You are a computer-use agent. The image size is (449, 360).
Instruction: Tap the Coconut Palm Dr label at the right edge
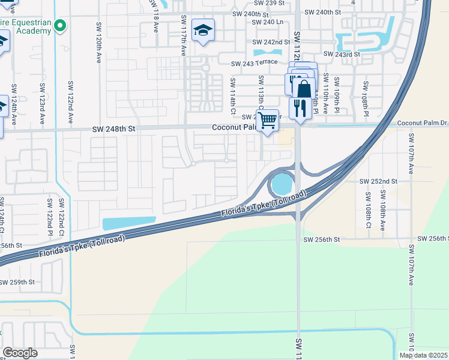pos(423,124)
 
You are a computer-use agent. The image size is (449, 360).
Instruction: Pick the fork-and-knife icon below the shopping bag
pos(300,108)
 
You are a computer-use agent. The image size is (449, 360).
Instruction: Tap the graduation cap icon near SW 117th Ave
pos(203,31)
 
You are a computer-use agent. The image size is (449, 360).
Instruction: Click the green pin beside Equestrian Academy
pos(59,26)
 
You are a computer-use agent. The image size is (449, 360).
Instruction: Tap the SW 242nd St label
pos(271,43)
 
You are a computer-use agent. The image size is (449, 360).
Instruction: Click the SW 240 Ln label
pos(268,22)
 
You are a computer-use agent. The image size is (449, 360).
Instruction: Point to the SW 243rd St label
pos(341,54)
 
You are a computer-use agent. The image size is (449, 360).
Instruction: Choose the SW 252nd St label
pos(379,181)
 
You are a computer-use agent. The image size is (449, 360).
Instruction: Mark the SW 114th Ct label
pos(233,95)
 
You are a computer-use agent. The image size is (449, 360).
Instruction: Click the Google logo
pos(20,353)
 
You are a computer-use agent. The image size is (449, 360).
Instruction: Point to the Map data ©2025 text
pos(423,355)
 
